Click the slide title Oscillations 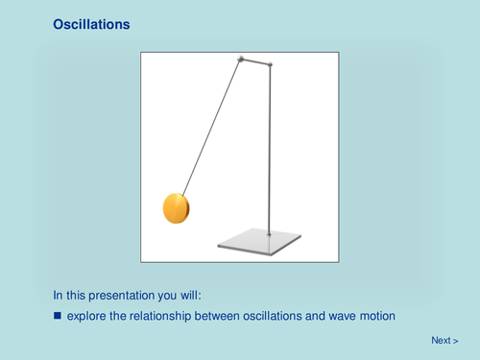click(90, 25)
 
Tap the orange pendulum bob click(177, 206)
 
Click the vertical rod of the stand click(270, 154)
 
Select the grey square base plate click(259, 241)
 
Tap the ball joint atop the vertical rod click(270, 65)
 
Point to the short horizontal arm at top click(255, 61)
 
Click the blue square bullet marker click(57, 315)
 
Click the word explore click(88, 315)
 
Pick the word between click(227, 315)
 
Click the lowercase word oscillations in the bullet click(282, 315)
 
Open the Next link click(444, 340)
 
